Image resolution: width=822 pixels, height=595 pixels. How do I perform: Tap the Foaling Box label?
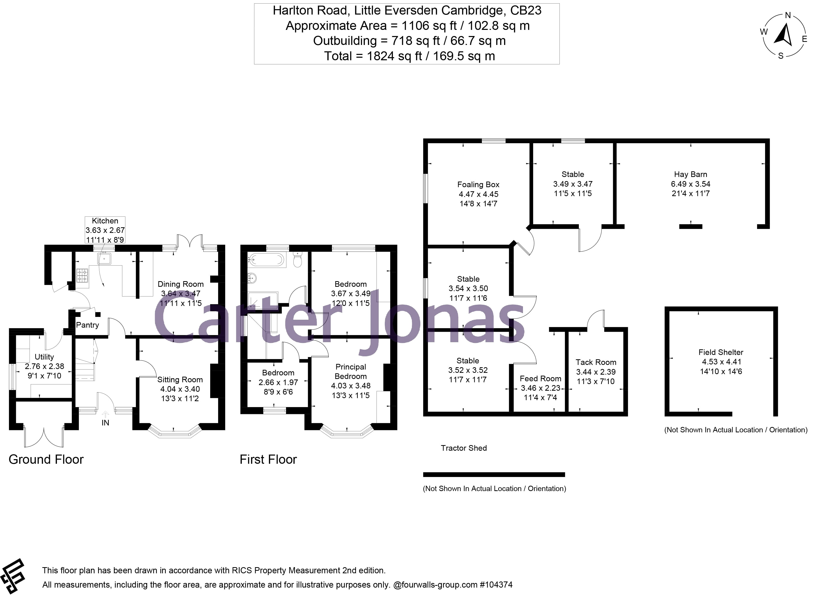pos(478,184)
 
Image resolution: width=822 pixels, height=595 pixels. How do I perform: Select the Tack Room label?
pos(595,362)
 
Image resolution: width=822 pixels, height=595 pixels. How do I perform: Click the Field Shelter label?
pos(721,352)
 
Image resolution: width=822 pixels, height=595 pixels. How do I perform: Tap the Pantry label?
pos(87,325)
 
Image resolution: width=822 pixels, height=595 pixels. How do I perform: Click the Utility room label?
pos(44,357)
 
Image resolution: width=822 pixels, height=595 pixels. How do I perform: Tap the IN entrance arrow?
pos(105,414)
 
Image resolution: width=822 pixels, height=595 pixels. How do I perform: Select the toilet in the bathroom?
pos(297,259)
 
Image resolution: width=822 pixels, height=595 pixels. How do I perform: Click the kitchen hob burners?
pos(82,275)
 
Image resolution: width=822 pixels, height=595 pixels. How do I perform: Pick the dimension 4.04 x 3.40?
pos(180,389)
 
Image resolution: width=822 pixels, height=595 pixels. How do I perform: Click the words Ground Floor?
pos(46,459)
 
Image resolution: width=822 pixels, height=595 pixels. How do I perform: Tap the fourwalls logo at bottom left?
pos(13,576)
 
